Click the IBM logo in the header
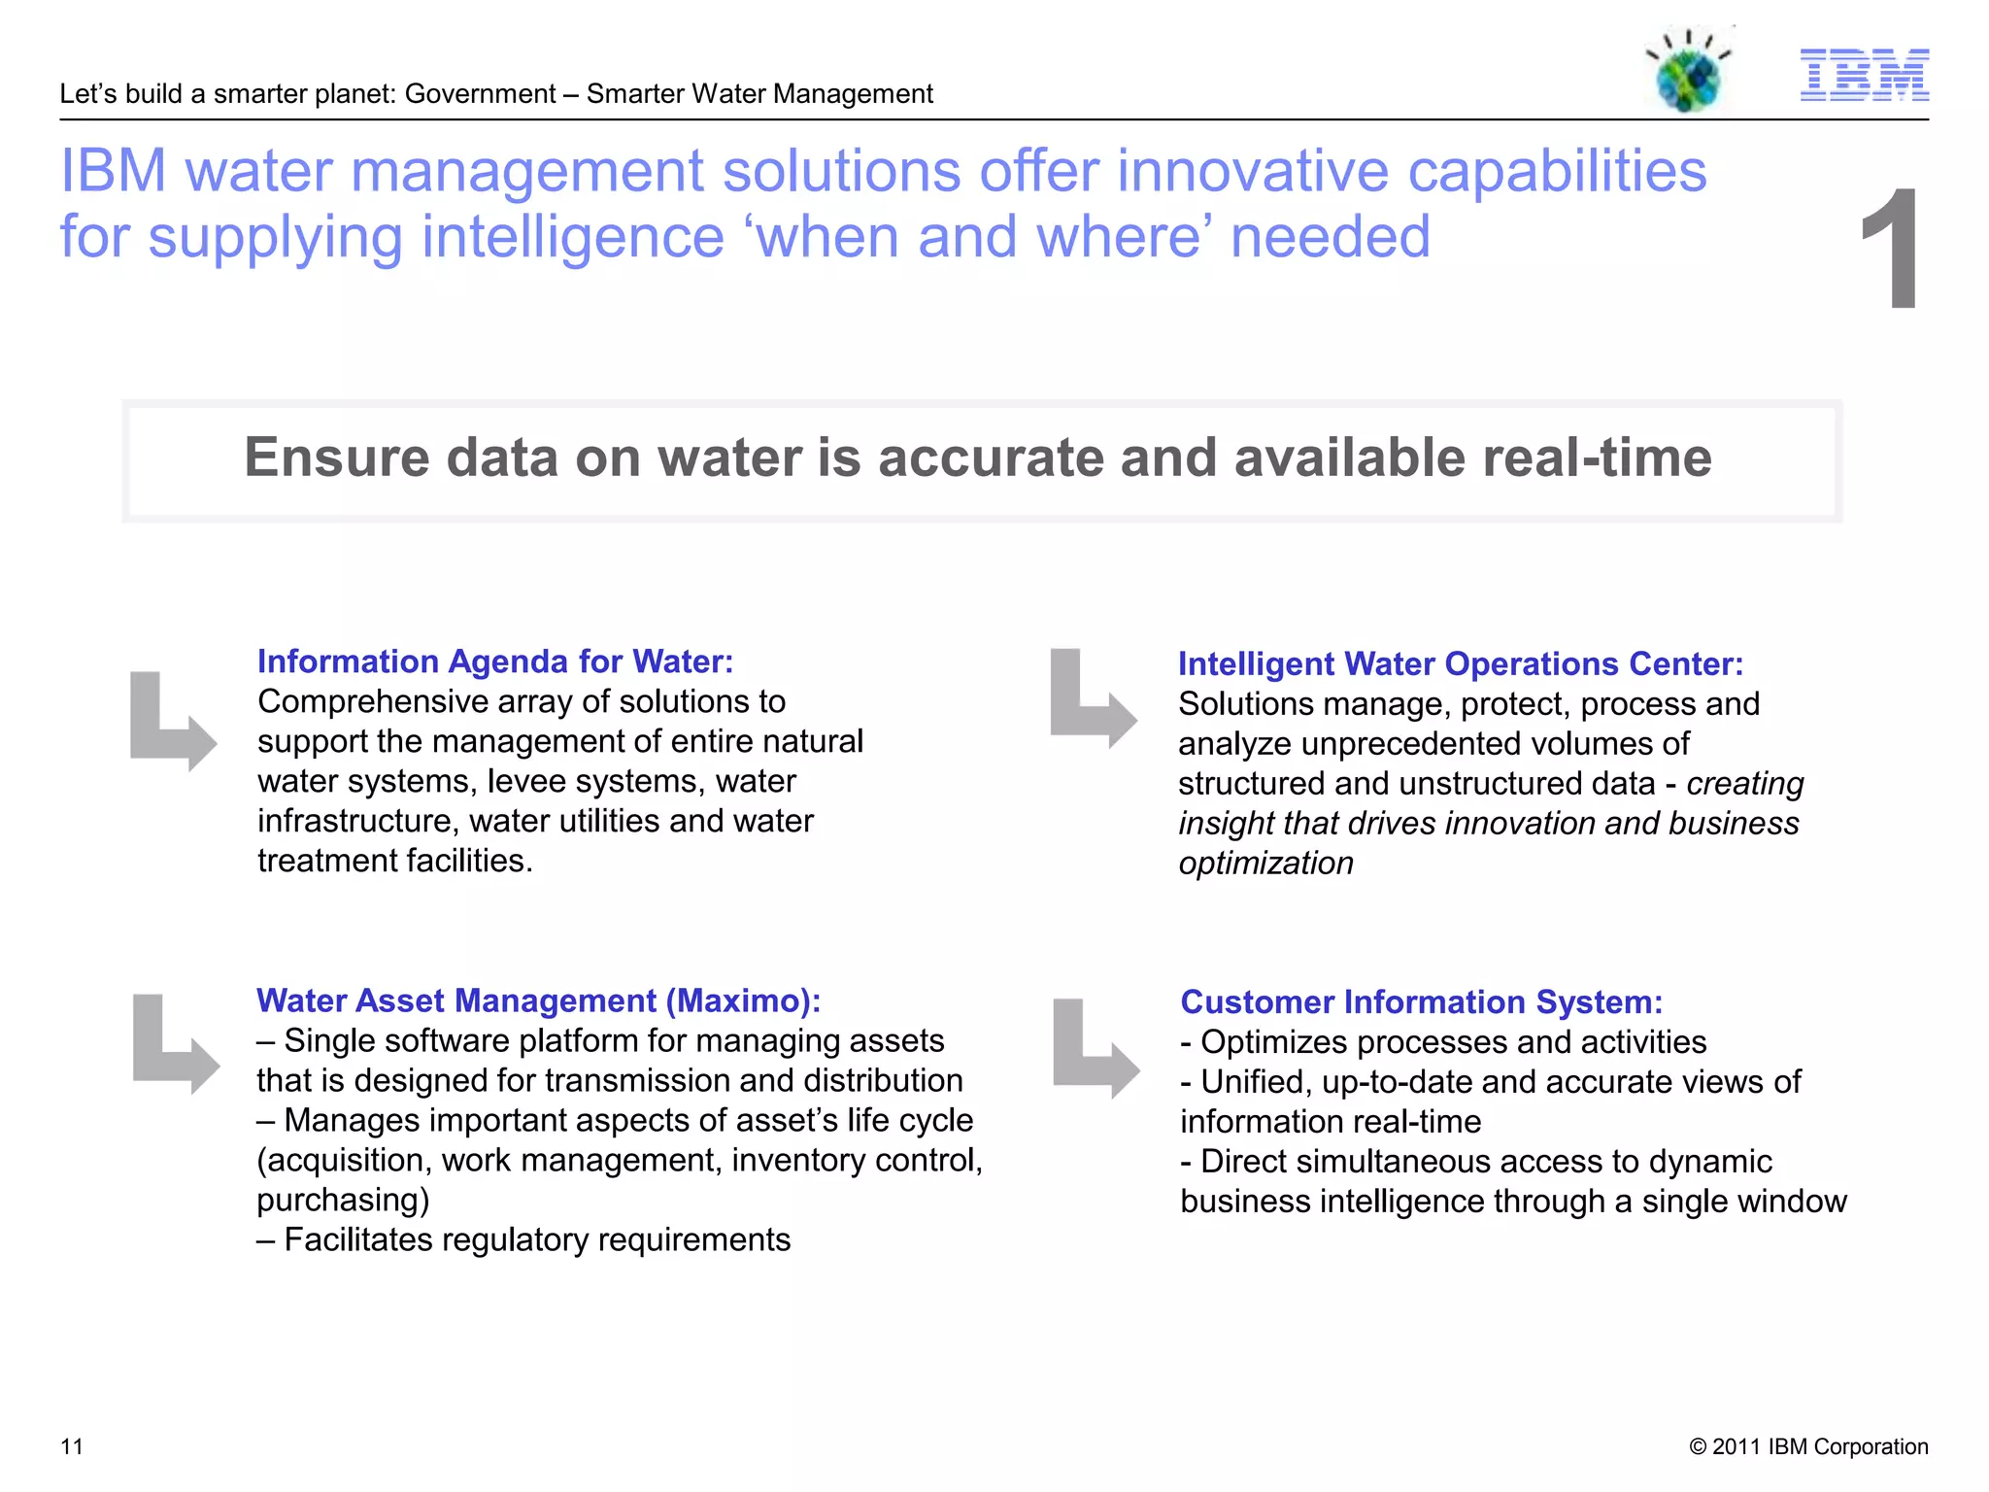(x=1864, y=75)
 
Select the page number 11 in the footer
(x=72, y=1446)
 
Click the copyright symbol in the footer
(x=1698, y=1446)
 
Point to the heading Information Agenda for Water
(x=495, y=661)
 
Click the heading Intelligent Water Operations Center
(x=1461, y=664)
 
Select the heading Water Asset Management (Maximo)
(x=538, y=1000)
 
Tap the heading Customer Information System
(x=1422, y=1002)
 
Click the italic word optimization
(x=1265, y=864)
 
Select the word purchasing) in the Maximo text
(x=343, y=1201)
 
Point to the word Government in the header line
(x=480, y=94)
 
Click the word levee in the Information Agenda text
(x=523, y=782)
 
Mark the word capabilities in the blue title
(x=1557, y=171)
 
